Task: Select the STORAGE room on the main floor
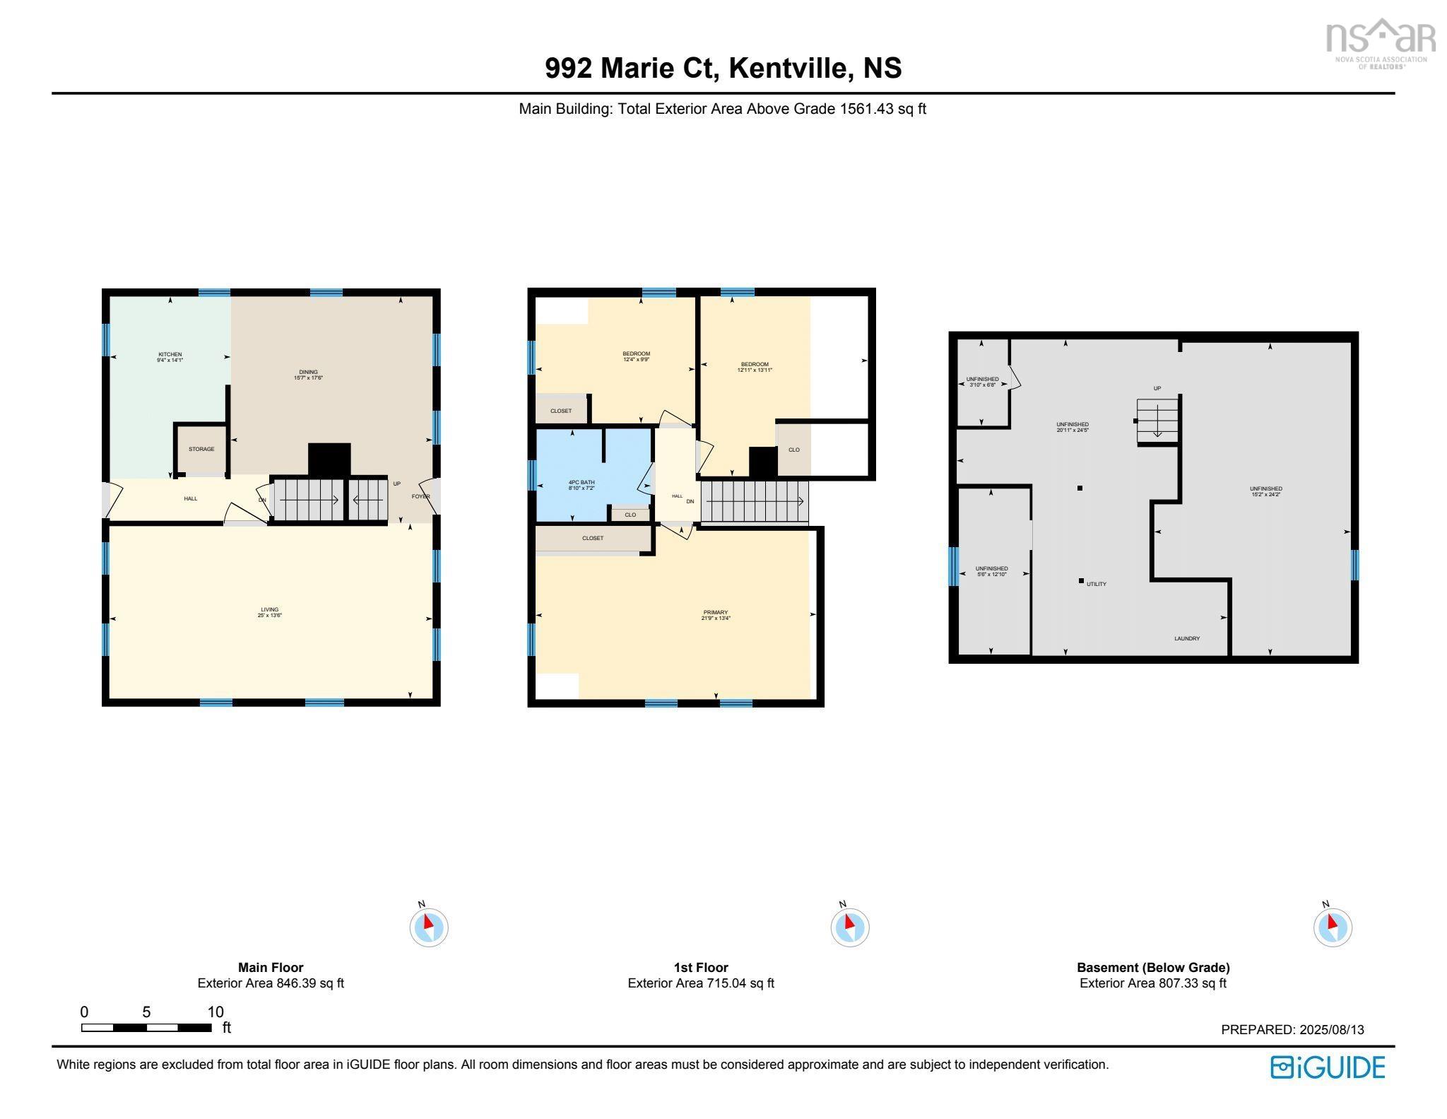click(x=201, y=450)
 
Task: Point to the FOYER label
click(x=420, y=497)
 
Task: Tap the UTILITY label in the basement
click(x=1096, y=585)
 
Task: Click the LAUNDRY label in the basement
click(x=1187, y=639)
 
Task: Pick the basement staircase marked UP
click(x=1157, y=420)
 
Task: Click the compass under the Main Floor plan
click(x=428, y=926)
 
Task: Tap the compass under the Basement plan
click(x=1333, y=926)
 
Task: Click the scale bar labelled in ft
click(x=146, y=1028)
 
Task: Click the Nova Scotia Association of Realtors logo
click(x=1379, y=42)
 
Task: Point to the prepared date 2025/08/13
click(x=1292, y=1030)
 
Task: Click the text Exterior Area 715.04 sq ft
click(x=701, y=983)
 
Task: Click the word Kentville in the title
click(x=788, y=69)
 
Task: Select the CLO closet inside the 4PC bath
click(x=630, y=515)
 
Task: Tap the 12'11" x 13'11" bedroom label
click(x=755, y=367)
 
